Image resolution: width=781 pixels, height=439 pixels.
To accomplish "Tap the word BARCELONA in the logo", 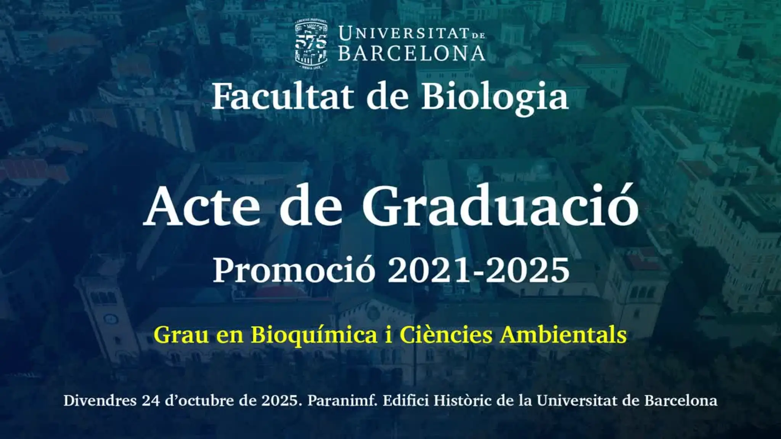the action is pos(412,54).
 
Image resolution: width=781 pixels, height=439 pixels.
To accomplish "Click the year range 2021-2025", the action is pos(479,270).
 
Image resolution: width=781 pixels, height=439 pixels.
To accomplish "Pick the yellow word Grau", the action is pos(181,335).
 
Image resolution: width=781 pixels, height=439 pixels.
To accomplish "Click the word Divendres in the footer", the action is pos(100,401).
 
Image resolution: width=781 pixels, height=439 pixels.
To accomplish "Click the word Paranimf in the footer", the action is pos(343,401).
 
